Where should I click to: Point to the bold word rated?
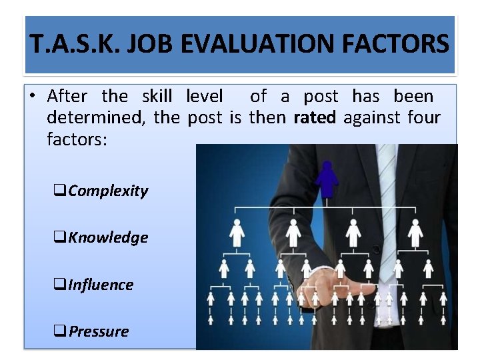click(x=315, y=118)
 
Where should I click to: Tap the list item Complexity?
click(x=107, y=191)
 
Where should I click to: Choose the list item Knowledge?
click(x=107, y=237)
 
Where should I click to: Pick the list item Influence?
click(x=100, y=285)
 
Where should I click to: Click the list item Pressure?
click(x=98, y=331)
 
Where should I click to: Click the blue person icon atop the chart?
click(x=327, y=177)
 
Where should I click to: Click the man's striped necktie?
click(x=387, y=200)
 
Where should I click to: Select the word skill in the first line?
click(x=157, y=97)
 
